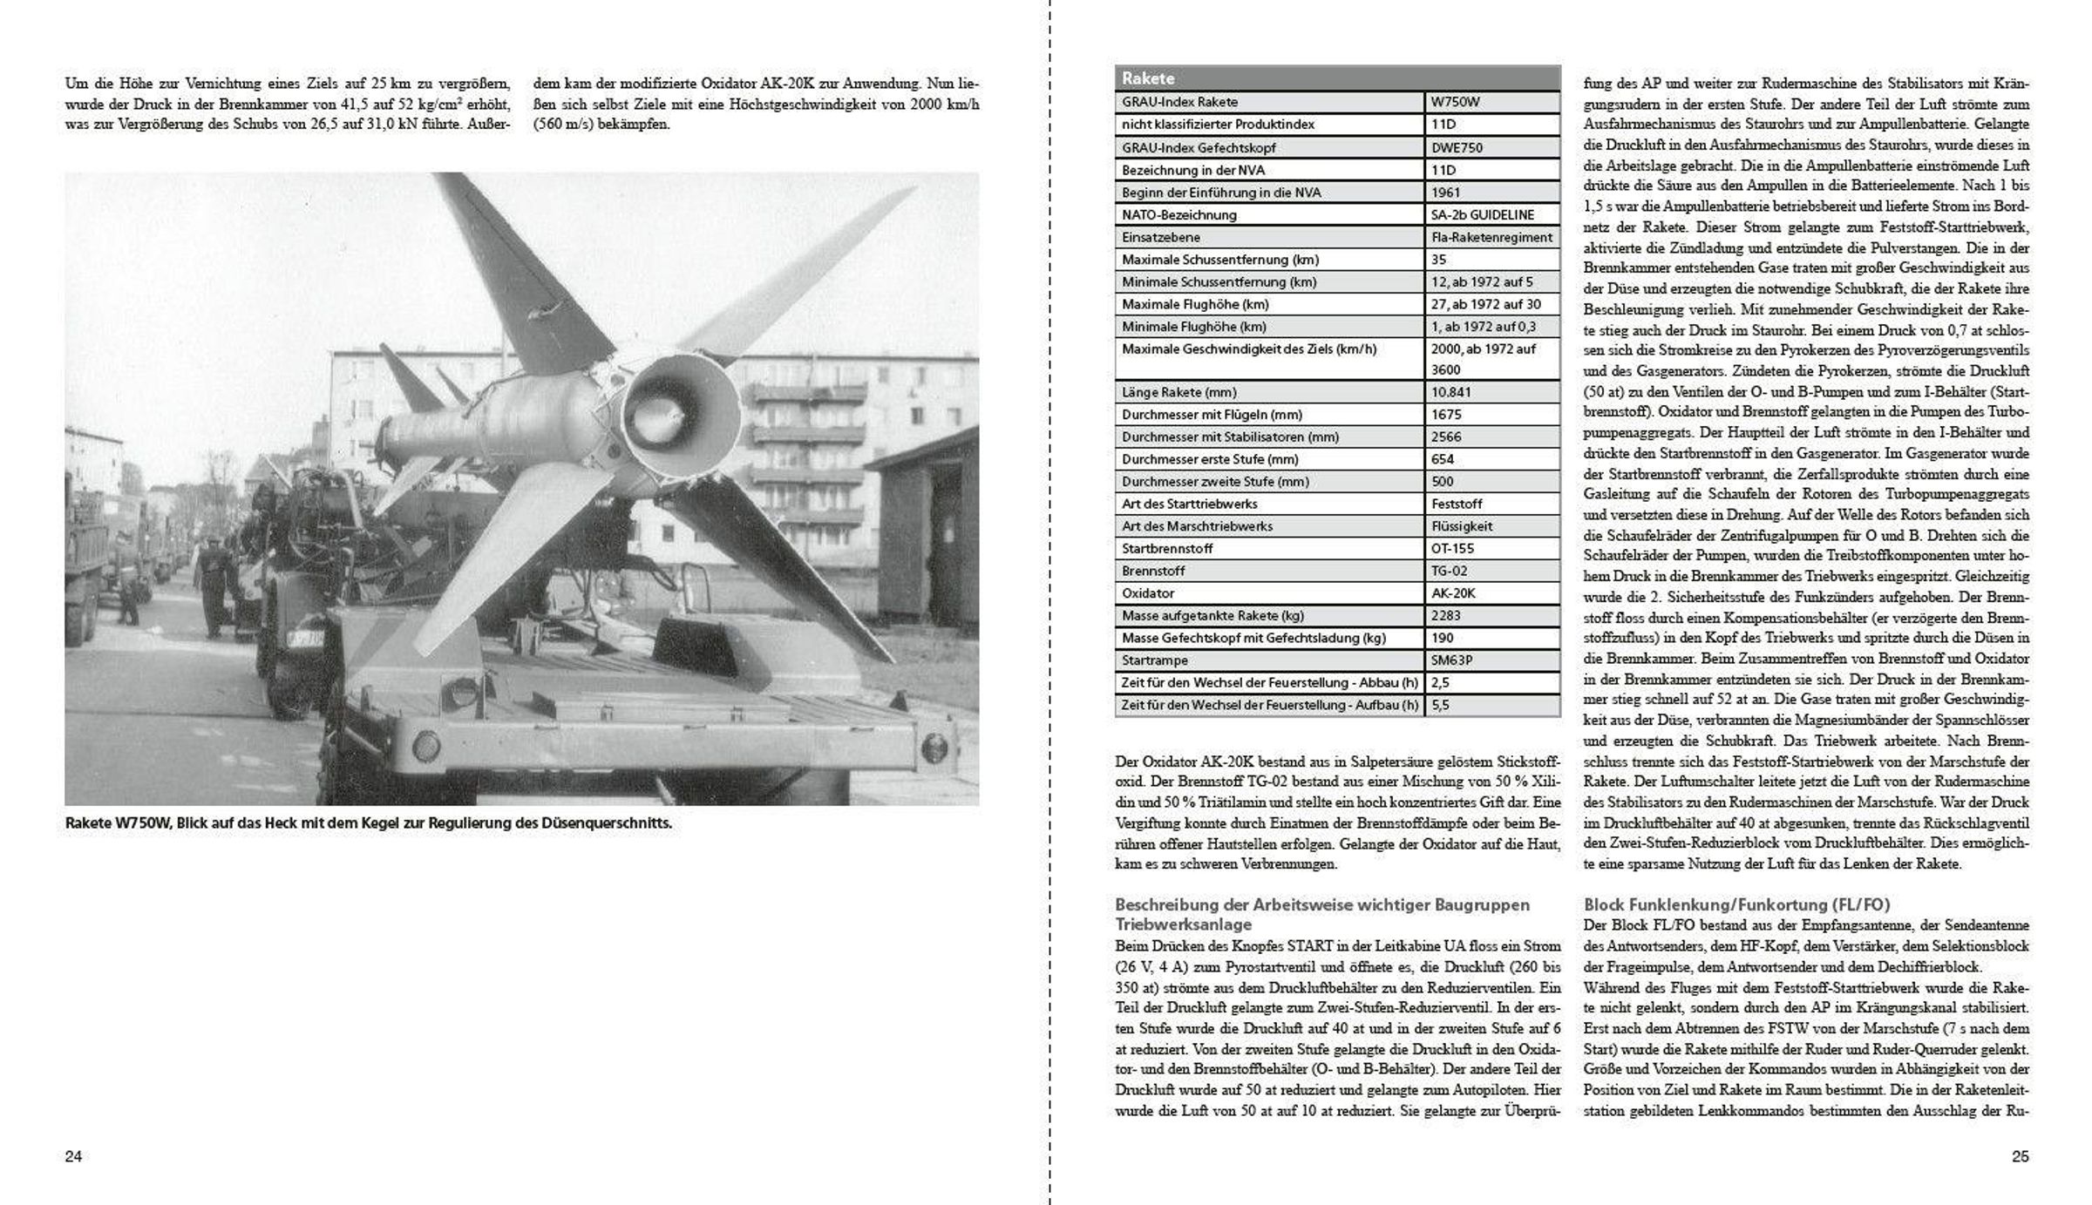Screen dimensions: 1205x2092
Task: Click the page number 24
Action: coord(73,1156)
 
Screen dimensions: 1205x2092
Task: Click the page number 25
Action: coord(2020,1156)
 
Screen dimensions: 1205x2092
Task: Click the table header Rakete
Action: coord(1148,78)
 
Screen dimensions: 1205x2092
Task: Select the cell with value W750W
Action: coord(1456,102)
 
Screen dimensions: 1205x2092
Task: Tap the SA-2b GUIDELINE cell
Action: coord(1482,214)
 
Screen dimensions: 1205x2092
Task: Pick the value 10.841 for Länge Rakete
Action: coord(1451,392)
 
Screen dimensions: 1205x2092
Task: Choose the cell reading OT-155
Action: coord(1452,549)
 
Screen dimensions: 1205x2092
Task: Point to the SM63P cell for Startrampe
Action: coord(1451,660)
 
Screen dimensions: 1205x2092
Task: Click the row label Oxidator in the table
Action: coord(1148,593)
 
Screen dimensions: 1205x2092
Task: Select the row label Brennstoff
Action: coord(1153,571)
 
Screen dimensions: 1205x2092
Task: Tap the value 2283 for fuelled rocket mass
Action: coord(1446,616)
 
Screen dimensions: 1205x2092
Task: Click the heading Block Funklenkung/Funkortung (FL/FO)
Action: coord(1736,905)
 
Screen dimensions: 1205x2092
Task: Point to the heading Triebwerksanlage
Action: coord(1183,924)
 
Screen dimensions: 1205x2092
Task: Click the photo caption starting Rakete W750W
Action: coord(368,823)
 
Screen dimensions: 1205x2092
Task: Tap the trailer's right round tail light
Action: coord(934,746)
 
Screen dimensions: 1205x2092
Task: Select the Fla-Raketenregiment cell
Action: coord(1491,237)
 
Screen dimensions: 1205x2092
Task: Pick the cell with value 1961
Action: coord(1445,193)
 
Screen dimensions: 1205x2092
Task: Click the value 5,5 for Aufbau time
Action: coord(1440,705)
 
